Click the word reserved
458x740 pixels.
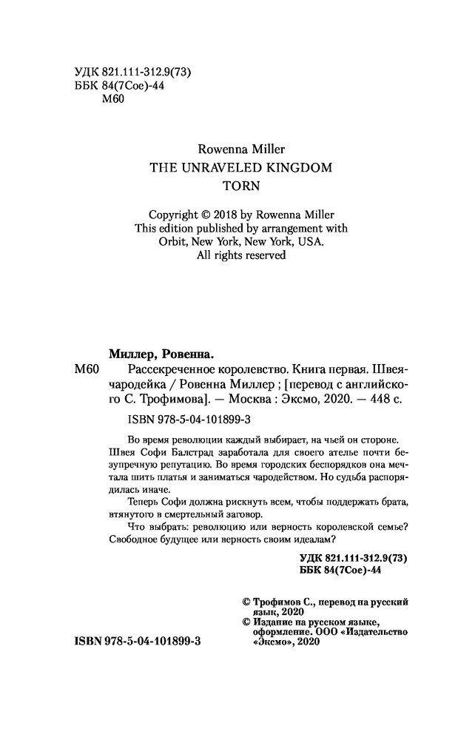[259, 255]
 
